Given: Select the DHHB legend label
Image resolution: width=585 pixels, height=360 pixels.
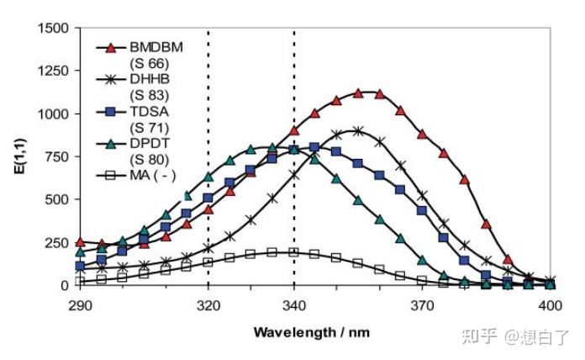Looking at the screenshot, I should (x=150, y=79).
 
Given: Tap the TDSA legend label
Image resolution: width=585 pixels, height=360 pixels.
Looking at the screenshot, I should (x=149, y=111).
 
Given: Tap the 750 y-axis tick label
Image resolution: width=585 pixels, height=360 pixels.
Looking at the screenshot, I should (x=57, y=156).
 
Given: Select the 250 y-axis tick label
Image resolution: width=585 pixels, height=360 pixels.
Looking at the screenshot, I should (x=57, y=241).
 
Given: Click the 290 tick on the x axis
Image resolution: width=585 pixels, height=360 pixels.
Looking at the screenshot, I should (x=80, y=301).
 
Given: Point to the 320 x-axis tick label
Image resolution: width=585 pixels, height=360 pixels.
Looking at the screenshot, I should (x=208, y=301).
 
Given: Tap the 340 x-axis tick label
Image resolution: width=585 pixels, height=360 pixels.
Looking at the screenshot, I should (x=294, y=301).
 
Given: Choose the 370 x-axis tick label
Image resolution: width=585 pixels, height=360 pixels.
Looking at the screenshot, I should (x=422, y=301).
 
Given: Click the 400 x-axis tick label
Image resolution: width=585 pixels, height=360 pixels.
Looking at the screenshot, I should (x=550, y=301).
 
